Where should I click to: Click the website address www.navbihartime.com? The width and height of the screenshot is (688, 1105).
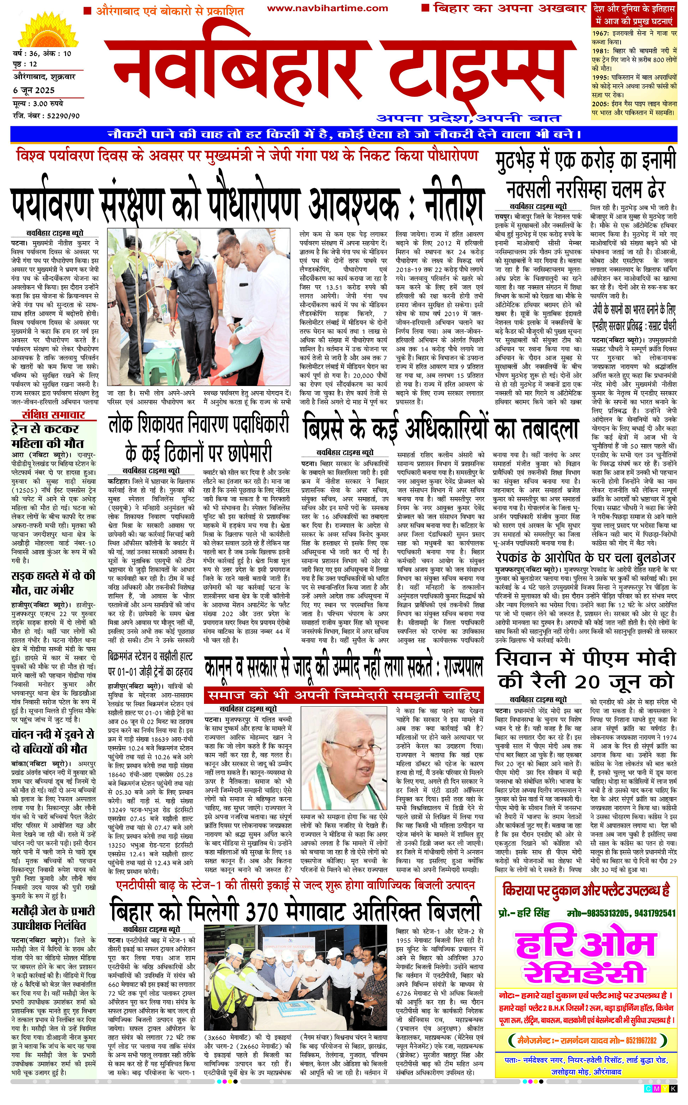coord(327,8)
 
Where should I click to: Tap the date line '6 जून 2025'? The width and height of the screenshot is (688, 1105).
coord(34,90)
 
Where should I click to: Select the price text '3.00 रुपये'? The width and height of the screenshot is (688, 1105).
coord(47,104)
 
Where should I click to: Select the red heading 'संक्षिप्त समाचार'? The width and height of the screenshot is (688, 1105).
coord(54,415)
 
